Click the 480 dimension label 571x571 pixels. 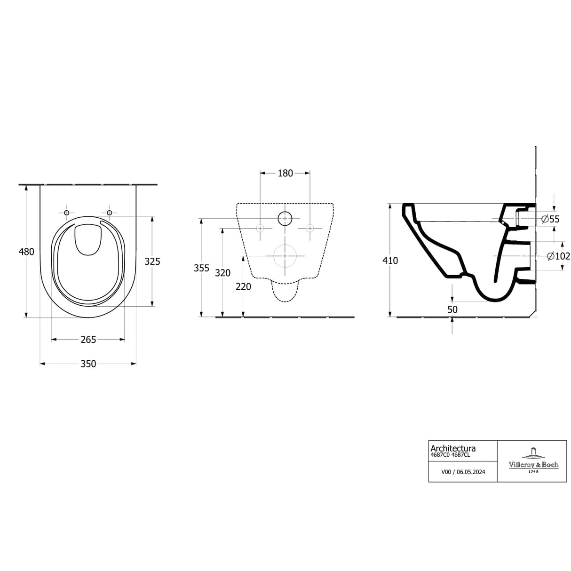pyautogui.click(x=26, y=252)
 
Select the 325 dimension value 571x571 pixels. pyautogui.click(x=152, y=261)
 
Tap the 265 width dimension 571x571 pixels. pyautogui.click(x=88, y=339)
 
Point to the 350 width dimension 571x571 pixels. pyautogui.click(x=88, y=364)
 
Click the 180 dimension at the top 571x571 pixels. pyautogui.click(x=285, y=173)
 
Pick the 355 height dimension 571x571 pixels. pyautogui.click(x=201, y=268)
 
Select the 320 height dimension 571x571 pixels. pyautogui.click(x=222, y=273)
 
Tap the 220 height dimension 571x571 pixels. pyautogui.click(x=243, y=286)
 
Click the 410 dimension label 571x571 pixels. pyautogui.click(x=390, y=261)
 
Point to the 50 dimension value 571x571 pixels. pyautogui.click(x=452, y=309)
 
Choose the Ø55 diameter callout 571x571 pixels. pyautogui.click(x=550, y=219)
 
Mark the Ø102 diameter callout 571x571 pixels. pyautogui.click(x=558, y=256)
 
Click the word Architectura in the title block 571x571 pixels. pyautogui.click(x=453, y=449)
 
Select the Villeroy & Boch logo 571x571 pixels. pyautogui.click(x=533, y=461)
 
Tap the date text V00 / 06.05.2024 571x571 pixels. pyautogui.click(x=463, y=472)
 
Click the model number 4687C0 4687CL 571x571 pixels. pyautogui.click(x=451, y=455)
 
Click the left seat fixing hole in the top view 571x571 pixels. pyautogui.click(x=66, y=213)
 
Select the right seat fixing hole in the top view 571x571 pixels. pyautogui.click(x=110, y=213)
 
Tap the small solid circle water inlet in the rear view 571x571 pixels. pyautogui.click(x=285, y=218)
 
